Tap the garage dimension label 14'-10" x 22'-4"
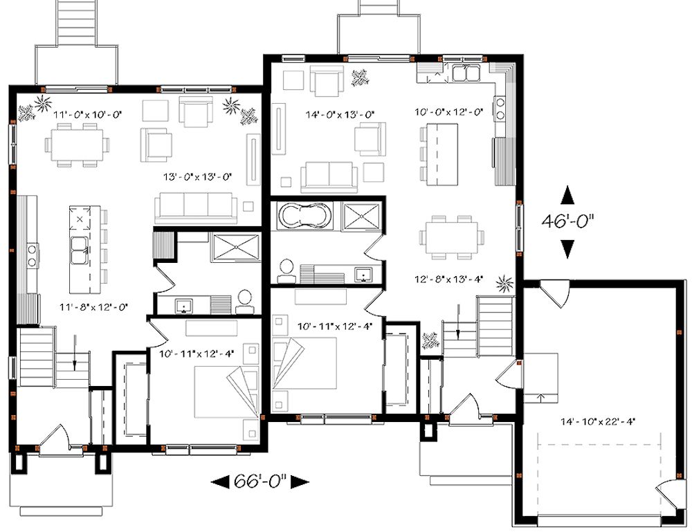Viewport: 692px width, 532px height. (599, 420)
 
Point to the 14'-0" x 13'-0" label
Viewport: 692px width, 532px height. (341, 113)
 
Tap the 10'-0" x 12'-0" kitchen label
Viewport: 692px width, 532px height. (448, 113)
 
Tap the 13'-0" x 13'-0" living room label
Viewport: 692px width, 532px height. (197, 176)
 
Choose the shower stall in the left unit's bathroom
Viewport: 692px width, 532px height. (234, 247)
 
